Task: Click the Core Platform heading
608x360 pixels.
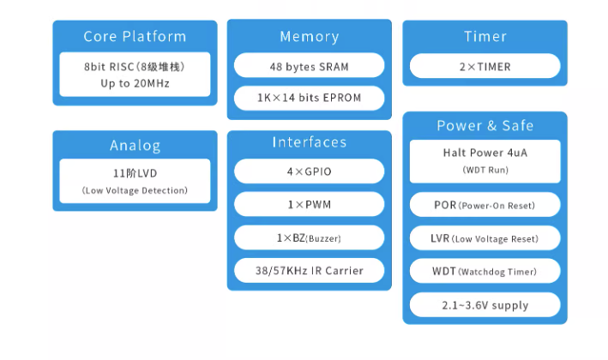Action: pyautogui.click(x=135, y=36)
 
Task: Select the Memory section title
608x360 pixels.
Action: pyautogui.click(x=310, y=37)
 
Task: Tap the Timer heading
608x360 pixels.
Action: pyautogui.click(x=485, y=36)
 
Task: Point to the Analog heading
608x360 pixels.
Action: pyautogui.click(x=135, y=146)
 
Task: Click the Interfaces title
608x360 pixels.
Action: pyautogui.click(x=310, y=142)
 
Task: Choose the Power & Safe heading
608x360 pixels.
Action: pyautogui.click(x=485, y=125)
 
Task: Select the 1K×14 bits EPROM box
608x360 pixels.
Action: pyautogui.click(x=309, y=98)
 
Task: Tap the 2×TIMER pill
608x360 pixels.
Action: pyautogui.click(x=485, y=66)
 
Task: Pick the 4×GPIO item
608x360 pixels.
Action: pyautogui.click(x=309, y=171)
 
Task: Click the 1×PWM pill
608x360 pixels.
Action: pyautogui.click(x=309, y=204)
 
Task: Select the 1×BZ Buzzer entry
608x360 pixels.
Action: pyautogui.click(x=309, y=237)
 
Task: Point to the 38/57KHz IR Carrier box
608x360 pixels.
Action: pyautogui.click(x=309, y=271)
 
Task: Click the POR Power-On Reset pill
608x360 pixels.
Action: pyautogui.click(x=485, y=205)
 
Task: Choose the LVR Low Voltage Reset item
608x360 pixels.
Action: pyautogui.click(x=485, y=238)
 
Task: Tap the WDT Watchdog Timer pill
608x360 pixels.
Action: pyautogui.click(x=485, y=271)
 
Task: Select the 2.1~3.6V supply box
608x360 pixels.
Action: pyautogui.click(x=485, y=305)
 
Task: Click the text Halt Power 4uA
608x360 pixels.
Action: pyautogui.click(x=485, y=153)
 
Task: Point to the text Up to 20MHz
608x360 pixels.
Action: pyautogui.click(x=135, y=84)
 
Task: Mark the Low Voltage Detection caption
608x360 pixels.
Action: pyautogui.click(x=135, y=190)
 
